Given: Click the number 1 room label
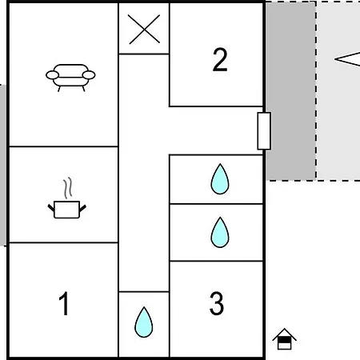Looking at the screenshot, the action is [64, 303].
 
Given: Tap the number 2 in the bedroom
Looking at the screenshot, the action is [220, 60].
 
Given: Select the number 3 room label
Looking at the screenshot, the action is [217, 303].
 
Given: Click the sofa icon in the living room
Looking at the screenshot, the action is [70, 78].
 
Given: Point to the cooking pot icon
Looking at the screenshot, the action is [67, 198].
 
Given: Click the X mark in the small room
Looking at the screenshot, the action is [144, 29].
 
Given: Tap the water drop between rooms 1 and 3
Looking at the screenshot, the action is [144, 322].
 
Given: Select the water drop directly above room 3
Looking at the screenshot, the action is [220, 232].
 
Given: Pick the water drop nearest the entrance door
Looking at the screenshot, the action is [220, 179].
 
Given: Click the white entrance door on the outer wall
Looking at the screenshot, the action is [264, 131].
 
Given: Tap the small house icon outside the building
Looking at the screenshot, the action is [284, 339].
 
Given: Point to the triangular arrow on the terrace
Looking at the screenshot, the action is [348, 59].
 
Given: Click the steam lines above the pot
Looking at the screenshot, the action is [68, 188].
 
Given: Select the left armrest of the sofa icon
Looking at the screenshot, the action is [53, 75].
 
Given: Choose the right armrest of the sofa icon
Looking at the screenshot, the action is [89, 75].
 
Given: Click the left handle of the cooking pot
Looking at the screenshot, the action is [51, 208].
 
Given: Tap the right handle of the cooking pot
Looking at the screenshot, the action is [82, 208].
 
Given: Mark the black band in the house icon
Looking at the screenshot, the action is [284, 340].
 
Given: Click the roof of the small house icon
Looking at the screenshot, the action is [284, 334].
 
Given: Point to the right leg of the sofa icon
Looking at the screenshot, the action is [83, 89].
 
